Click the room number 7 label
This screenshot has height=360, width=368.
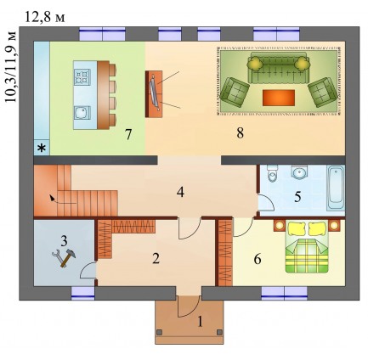coord(128,134)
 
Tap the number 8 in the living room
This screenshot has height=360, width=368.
coord(241,133)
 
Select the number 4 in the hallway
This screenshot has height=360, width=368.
coord(180,193)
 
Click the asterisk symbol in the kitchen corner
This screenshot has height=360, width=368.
coord(42,148)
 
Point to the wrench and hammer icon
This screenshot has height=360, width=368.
coord(64,257)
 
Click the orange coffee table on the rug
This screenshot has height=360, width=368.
coord(279,98)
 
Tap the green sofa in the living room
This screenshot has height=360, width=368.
coord(278,67)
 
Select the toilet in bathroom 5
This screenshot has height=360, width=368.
coord(273,173)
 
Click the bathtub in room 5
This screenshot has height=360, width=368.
coord(336,188)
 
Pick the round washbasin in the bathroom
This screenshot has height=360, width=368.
coord(298,172)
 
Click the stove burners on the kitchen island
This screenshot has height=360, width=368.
coord(82,77)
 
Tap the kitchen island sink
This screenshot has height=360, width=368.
coord(82,113)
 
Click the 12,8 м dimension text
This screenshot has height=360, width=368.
coord(45,18)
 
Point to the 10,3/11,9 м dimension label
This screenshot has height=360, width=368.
coord(11,67)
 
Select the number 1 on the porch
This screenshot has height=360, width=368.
coord(200,322)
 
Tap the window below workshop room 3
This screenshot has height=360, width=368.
coord(82,293)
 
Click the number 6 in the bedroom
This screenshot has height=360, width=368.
coord(258,259)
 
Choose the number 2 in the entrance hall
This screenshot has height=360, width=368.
coord(156,258)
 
